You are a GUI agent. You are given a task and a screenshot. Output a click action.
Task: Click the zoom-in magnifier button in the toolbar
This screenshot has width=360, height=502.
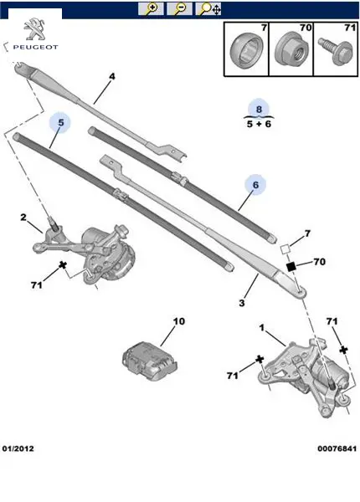[151, 9]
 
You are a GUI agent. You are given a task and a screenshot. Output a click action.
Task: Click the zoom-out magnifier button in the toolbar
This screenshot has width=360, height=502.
[180, 9]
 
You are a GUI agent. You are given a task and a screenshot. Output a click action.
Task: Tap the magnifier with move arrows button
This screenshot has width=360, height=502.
[208, 9]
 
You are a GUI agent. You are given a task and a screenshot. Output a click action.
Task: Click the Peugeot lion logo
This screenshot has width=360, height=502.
[34, 29]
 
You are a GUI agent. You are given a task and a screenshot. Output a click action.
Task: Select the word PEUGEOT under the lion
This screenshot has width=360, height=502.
[35, 47]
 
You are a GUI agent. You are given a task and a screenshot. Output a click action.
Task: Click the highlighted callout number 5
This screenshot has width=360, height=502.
[60, 123]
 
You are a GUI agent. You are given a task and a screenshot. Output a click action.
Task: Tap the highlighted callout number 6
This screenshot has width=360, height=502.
[255, 185]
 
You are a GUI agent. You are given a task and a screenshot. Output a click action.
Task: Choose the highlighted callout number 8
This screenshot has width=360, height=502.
[259, 109]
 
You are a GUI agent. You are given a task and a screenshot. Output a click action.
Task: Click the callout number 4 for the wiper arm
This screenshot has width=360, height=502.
[112, 76]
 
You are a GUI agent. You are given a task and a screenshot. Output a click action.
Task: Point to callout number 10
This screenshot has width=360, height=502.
[179, 321]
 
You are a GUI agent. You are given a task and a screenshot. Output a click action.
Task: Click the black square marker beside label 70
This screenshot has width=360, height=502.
[291, 267]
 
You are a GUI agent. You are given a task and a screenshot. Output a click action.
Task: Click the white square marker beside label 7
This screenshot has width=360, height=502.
[285, 249]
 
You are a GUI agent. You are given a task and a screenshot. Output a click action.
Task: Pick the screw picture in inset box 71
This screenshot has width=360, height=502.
[336, 51]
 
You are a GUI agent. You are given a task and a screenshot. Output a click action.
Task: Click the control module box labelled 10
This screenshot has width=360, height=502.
[150, 361]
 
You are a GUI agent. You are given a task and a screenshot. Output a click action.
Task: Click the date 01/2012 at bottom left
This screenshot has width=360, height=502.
[18, 448]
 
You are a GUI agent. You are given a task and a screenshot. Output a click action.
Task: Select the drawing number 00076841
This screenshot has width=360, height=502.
[337, 448]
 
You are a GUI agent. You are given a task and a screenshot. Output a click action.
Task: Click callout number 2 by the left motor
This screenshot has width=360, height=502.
[23, 218]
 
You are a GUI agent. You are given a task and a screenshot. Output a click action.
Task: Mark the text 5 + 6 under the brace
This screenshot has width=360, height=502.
[259, 124]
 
